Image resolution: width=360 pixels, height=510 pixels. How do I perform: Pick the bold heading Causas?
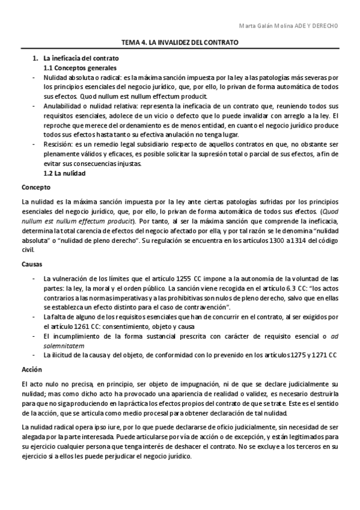click(32, 264)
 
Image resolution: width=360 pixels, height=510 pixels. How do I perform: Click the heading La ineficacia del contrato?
click(81, 58)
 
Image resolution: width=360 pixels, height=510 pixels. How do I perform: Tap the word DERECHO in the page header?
click(324, 26)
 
